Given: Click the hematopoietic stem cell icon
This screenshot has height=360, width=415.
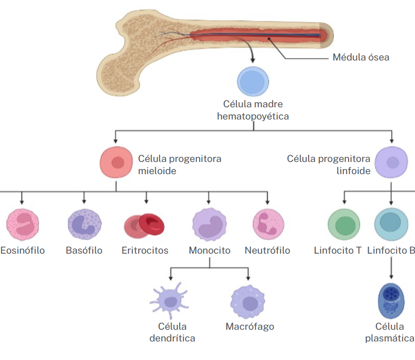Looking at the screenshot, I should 253,81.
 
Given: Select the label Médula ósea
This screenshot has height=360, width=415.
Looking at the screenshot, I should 361,58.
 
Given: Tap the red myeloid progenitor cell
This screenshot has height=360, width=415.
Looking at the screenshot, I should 116,162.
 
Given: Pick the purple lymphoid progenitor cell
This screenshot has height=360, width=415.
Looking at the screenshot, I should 391,162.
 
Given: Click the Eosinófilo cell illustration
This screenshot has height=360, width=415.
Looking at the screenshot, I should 22,225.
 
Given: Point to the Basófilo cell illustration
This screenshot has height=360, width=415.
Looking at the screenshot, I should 84,225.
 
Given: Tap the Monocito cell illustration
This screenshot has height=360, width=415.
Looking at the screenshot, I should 209,225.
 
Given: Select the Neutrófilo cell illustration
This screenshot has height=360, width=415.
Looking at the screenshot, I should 268,224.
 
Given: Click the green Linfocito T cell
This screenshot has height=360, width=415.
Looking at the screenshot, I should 344,225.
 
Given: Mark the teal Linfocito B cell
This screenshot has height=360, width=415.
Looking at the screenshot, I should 391,224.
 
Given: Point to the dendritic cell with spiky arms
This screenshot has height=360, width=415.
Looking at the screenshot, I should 169,301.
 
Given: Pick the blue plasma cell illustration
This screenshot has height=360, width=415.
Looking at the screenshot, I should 391,300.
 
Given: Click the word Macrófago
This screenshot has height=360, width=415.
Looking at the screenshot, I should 249,327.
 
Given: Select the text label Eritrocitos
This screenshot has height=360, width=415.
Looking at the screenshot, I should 145,250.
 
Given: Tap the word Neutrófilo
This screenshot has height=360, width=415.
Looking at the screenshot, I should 267,250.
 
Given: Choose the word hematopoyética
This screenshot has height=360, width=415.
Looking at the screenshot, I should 253,117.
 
